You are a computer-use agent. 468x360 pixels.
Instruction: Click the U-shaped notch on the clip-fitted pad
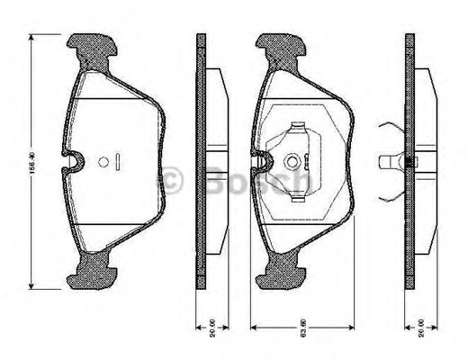click(x=262, y=161)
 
